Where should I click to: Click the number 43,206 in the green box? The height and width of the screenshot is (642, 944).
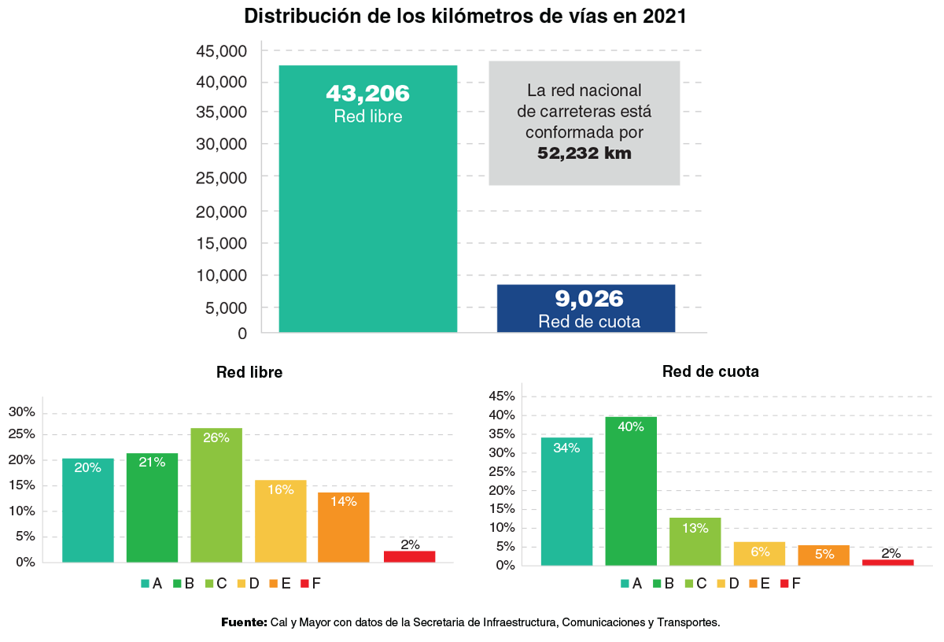[x=367, y=94]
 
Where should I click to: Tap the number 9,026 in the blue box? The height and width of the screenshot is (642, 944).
[x=588, y=299]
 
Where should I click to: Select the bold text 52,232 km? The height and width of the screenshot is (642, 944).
[x=584, y=153]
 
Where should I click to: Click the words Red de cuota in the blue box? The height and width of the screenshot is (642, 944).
[x=588, y=321]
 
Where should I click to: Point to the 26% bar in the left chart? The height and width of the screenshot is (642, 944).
[x=216, y=496]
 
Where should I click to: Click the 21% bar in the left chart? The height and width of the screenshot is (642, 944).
[x=152, y=507]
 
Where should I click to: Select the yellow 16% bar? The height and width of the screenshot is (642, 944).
[x=280, y=521]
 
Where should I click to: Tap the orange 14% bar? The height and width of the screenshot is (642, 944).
[x=344, y=527]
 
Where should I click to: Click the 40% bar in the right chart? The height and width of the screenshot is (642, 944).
[x=631, y=491]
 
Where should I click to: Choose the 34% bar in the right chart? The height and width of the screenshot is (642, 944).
[x=566, y=501]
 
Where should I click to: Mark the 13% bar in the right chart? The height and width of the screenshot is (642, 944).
[x=695, y=541]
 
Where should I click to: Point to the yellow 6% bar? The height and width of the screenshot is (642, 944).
[x=759, y=553]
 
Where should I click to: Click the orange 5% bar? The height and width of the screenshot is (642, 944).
[x=824, y=555]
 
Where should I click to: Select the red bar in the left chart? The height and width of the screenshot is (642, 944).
[x=409, y=556]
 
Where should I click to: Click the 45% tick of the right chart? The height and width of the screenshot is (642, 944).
[x=503, y=396]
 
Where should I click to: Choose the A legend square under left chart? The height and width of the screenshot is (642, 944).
[x=145, y=583]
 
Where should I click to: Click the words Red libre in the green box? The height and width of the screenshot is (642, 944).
[x=367, y=116]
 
